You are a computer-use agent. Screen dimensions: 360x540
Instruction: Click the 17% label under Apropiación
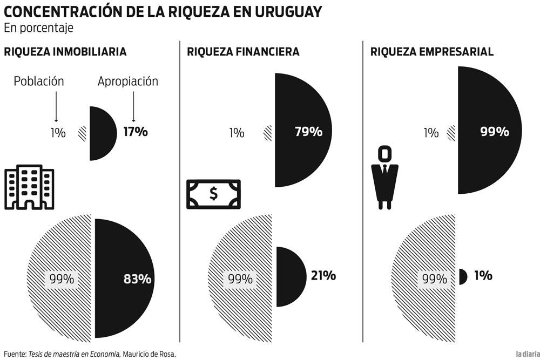point(135,131)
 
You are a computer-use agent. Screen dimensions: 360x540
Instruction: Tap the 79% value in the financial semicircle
point(308,131)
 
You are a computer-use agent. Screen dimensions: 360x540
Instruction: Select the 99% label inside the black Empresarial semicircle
point(495,131)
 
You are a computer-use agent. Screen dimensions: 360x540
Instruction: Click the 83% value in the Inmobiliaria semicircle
point(137,279)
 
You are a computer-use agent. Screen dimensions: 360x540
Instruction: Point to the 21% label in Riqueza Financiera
point(323,275)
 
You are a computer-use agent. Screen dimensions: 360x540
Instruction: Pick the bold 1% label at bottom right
point(483,275)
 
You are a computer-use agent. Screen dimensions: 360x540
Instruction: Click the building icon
point(29,187)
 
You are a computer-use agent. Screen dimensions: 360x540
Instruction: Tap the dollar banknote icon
point(213,194)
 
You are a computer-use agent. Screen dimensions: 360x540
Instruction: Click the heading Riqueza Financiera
point(243,52)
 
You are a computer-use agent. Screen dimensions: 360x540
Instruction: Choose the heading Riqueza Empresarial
point(432,52)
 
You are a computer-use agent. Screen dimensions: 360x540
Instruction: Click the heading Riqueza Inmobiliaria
point(65,52)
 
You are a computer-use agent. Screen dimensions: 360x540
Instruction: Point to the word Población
point(39,81)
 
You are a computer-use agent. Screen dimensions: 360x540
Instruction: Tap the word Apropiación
point(128,81)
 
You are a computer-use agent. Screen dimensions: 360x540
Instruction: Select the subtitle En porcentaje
point(38,27)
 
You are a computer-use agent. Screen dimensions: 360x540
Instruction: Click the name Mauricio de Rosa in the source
point(149,354)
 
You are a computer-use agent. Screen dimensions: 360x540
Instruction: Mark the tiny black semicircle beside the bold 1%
point(463,276)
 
